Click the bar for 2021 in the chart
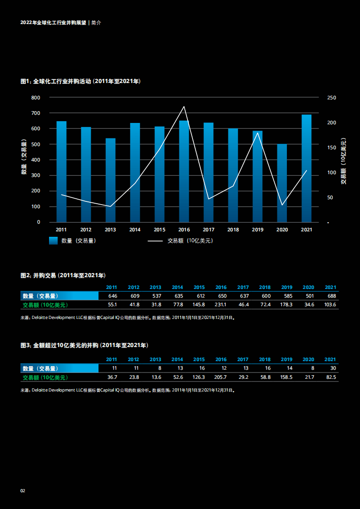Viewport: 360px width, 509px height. coord(306,168)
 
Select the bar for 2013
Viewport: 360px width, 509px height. coord(110,180)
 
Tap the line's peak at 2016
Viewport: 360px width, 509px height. coord(184,107)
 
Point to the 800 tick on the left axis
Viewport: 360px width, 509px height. coord(35,98)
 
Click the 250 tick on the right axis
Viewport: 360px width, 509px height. coord(331,98)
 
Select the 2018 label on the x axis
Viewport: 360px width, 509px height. coord(233,230)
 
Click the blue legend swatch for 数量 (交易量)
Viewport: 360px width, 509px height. coord(54,241)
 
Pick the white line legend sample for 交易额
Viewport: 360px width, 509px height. coord(155,241)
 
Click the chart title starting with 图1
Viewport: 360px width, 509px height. coord(80,81)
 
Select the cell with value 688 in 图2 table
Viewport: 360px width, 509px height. coord(331,296)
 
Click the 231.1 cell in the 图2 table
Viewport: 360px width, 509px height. coord(220,304)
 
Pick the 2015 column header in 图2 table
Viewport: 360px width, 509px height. coord(199,287)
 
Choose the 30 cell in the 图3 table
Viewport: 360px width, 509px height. coord(333,368)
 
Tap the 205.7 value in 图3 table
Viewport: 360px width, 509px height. coord(220,377)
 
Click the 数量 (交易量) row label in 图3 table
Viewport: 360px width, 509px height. coord(40,368)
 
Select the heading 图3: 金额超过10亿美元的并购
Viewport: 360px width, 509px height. coord(84,345)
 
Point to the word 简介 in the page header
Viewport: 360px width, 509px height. coord(96,23)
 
